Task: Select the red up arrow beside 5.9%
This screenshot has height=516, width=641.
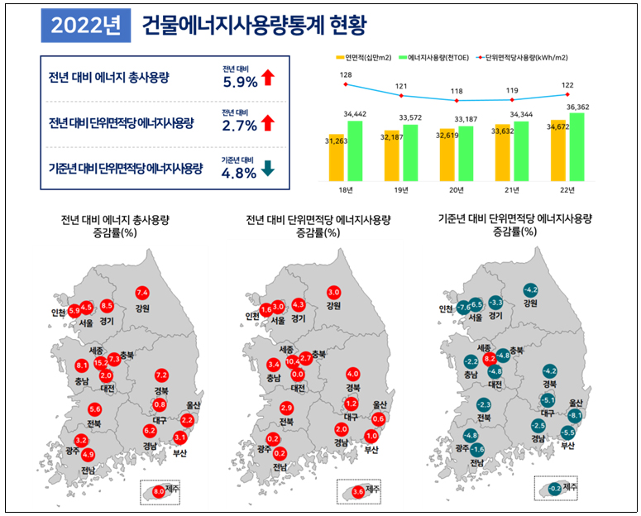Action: [267, 79]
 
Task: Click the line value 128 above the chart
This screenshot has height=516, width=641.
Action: [346, 75]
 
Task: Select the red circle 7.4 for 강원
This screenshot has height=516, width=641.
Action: [141, 293]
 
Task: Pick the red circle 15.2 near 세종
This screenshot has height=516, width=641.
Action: [101, 362]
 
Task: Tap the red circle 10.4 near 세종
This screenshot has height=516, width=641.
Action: [292, 361]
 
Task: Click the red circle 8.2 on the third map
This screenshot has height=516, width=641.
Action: [490, 358]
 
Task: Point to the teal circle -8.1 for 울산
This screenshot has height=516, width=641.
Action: [576, 414]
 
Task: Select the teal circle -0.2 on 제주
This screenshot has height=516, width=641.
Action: [555, 488]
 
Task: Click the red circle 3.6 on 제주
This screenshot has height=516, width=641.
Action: [357, 491]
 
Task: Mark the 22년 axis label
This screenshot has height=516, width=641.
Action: [567, 191]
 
